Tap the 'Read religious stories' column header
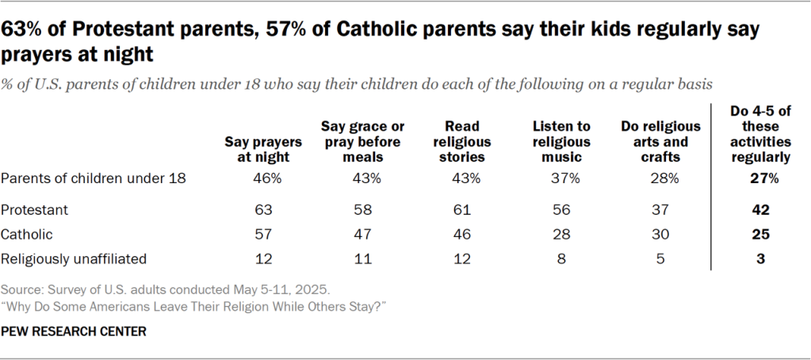click(465, 141)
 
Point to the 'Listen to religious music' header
click(561, 141)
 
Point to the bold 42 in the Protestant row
click(760, 210)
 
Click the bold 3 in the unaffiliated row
click(760, 258)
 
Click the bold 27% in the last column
click(760, 178)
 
